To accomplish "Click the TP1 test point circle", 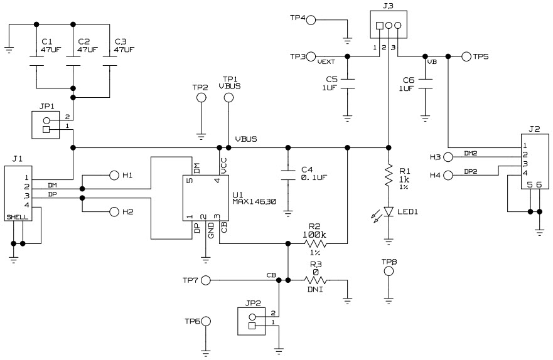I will click(x=228, y=97).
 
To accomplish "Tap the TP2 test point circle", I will click(x=201, y=97).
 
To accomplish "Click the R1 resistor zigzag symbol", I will click(x=389, y=178).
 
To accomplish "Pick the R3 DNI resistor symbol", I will click(x=318, y=280).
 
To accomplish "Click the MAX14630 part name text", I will click(x=254, y=202).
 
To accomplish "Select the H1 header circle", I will click(x=114, y=175).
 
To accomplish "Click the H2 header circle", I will click(x=114, y=212).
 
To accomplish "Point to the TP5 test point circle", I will click(x=466, y=56).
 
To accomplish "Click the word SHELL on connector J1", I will click(x=18, y=217).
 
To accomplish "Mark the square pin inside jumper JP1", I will click(x=46, y=130).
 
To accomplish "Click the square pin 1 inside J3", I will click(x=380, y=26).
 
